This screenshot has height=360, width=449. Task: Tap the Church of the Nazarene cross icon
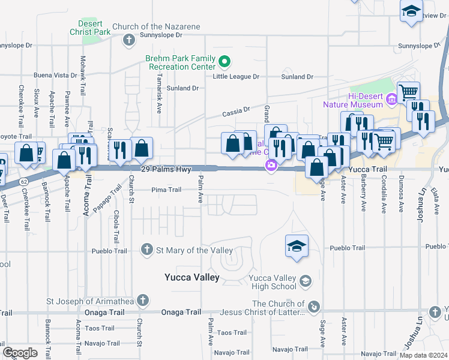tap(128, 40)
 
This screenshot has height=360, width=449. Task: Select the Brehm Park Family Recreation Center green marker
tap(224, 61)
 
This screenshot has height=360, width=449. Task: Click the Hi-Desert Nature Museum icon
tap(392, 98)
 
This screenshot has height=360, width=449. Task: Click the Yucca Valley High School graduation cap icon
tap(305, 281)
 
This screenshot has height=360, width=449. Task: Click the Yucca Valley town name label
tap(192, 277)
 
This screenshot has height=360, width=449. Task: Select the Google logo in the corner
tap(20, 353)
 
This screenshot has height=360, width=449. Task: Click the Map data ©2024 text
tap(423, 355)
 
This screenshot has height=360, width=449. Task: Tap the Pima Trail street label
tap(166, 190)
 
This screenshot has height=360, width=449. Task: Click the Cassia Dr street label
tap(235, 110)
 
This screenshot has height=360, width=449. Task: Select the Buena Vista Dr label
tap(55, 76)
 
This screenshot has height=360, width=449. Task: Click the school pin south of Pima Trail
tap(297, 245)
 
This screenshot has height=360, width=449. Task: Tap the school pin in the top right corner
tap(411, 11)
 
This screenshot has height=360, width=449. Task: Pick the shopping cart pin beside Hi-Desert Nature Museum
tap(408, 92)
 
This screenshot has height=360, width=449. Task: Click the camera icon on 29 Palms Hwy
tap(271, 164)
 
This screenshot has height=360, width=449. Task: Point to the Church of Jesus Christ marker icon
tap(313, 307)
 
